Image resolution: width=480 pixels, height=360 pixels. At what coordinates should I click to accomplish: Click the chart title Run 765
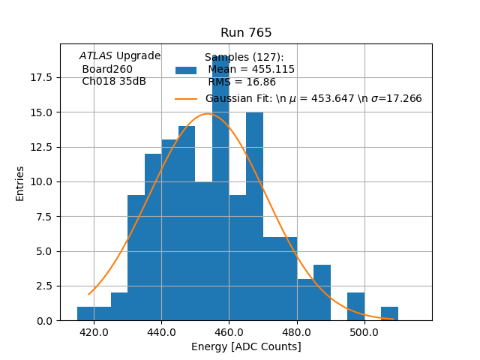click(246, 33)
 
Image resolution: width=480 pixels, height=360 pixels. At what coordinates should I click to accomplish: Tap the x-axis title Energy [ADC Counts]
click(246, 346)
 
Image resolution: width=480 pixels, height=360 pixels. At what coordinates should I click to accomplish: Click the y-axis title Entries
click(20, 183)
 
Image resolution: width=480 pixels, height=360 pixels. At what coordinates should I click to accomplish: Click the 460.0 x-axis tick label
click(229, 331)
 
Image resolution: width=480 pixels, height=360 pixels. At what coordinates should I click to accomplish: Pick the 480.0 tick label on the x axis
click(297, 331)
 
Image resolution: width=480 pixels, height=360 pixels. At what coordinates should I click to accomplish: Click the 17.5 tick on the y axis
click(42, 77)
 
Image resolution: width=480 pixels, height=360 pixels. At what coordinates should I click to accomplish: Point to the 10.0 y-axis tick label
click(42, 181)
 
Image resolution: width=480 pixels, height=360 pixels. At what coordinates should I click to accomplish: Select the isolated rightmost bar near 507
click(389, 314)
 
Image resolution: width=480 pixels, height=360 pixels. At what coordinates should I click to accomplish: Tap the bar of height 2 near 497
click(355, 307)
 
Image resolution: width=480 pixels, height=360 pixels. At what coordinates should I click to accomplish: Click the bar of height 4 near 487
click(322, 293)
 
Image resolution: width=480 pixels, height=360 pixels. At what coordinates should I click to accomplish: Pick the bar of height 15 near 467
click(254, 217)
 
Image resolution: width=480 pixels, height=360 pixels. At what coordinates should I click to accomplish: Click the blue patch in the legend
click(186, 70)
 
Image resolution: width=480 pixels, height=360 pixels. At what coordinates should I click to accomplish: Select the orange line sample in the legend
click(186, 98)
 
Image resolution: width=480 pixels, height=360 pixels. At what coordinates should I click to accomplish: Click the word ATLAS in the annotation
click(96, 56)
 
